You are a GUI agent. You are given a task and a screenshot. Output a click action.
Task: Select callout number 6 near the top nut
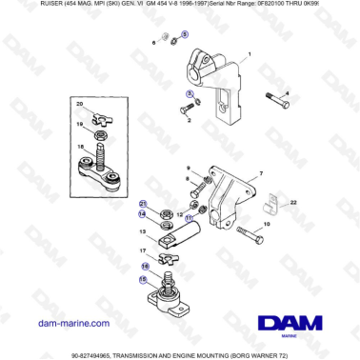click(153, 44)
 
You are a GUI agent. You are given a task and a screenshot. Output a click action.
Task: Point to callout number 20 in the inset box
click(80, 103)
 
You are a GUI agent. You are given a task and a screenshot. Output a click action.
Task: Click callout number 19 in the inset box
click(80, 124)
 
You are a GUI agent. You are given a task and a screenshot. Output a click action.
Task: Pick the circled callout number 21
click(144, 204)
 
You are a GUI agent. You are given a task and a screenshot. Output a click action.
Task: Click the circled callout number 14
click(144, 215)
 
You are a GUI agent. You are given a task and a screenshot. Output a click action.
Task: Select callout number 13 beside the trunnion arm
click(144, 231)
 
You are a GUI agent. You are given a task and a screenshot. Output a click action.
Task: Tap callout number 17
click(144, 250)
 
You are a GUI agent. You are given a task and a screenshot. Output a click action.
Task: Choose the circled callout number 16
click(144, 268)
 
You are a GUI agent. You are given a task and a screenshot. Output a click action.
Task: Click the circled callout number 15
click(144, 280)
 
